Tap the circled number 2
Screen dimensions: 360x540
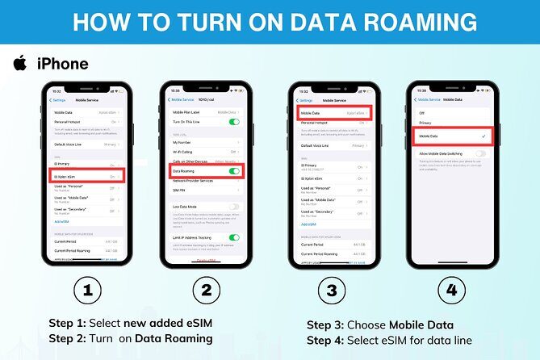click(206, 288)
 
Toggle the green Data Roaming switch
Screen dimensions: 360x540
click(234, 171)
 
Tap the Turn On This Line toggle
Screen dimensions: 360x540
click(234, 122)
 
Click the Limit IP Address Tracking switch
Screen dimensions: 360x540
click(234, 237)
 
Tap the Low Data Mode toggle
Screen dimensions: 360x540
click(234, 207)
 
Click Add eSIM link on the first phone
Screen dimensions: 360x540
click(61, 221)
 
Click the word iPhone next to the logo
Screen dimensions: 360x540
click(61, 64)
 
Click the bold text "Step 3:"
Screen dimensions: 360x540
click(329, 325)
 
